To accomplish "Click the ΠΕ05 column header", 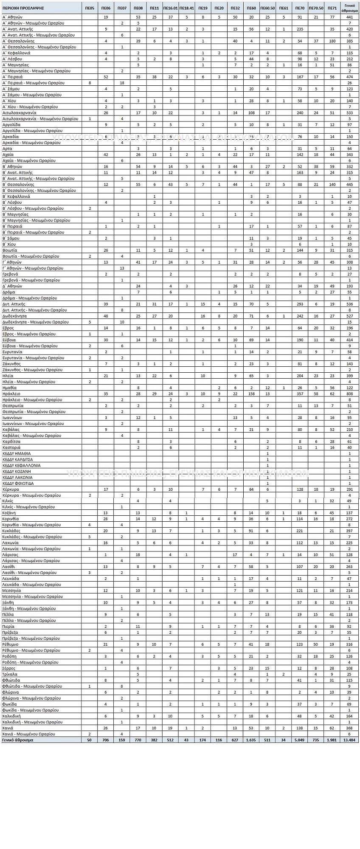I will [90, 8].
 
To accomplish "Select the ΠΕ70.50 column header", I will [316, 8].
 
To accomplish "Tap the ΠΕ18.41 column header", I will [187, 8].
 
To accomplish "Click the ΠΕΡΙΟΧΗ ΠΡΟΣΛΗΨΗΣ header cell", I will [20, 8].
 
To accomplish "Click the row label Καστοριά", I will [11, 447].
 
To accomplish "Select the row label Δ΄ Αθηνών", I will [13, 286].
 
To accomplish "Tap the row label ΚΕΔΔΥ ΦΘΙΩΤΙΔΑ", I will [18, 483].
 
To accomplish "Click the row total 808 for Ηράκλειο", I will [349, 394].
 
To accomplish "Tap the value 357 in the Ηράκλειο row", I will [300, 394].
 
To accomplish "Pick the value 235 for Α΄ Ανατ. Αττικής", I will [300, 29].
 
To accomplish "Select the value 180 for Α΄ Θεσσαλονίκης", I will [332, 41].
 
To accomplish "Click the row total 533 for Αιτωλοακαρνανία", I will [349, 112].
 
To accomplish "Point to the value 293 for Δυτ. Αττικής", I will [300, 304].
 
